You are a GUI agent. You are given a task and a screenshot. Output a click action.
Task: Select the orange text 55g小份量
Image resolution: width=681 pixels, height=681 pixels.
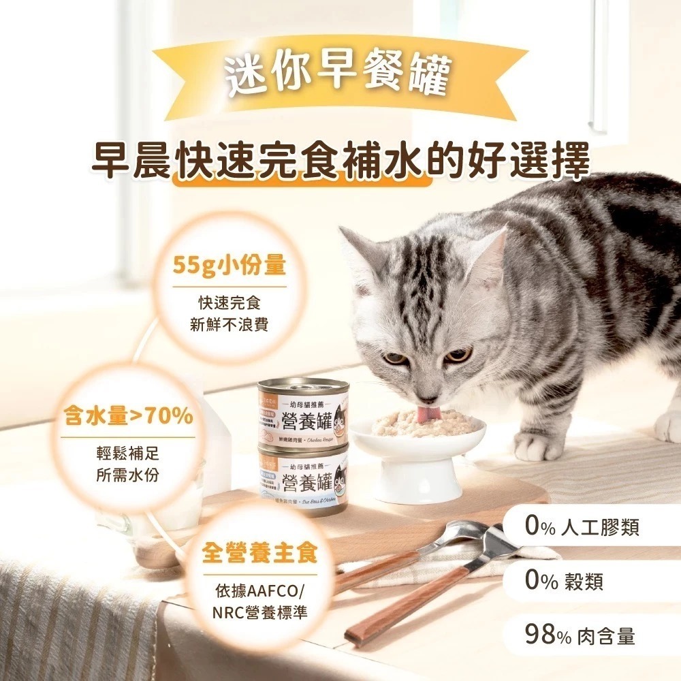pos(229,266)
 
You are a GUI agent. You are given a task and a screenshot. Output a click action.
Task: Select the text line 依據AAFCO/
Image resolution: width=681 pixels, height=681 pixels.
pos(259,590)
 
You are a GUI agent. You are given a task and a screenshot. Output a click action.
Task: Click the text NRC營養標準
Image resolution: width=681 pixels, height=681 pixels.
pos(259,612)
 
